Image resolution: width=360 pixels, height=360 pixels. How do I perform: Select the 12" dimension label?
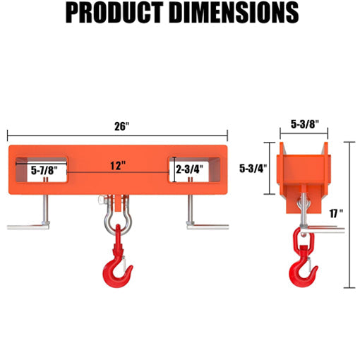(119, 166)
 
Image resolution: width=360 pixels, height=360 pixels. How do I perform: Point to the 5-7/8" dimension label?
(44, 170)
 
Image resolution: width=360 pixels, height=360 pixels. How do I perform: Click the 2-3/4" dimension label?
(188, 169)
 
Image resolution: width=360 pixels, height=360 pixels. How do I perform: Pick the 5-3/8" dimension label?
(305, 124)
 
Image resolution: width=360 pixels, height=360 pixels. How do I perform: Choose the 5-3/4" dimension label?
(252, 169)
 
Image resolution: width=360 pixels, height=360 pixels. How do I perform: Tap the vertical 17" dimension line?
(351, 212)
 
